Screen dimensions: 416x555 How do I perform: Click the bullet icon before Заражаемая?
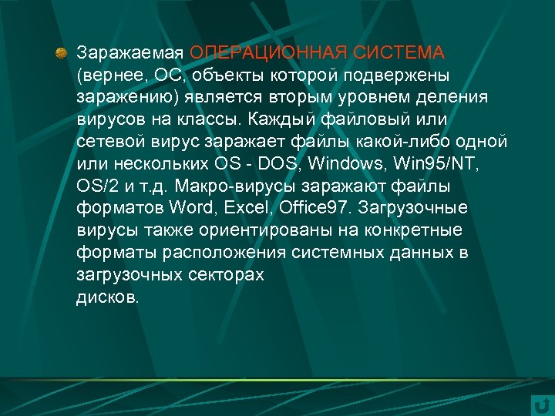pyautogui.click(x=61, y=52)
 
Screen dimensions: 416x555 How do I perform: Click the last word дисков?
pyautogui.click(x=108, y=298)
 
